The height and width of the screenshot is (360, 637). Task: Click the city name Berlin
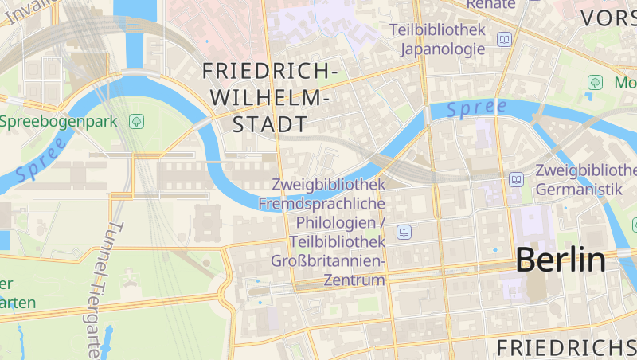point(561,260)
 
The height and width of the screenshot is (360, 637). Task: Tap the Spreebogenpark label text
point(59,122)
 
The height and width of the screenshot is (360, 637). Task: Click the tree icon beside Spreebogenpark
point(136,122)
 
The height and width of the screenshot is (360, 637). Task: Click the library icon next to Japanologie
point(504,39)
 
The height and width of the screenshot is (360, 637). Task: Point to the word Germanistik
point(578,190)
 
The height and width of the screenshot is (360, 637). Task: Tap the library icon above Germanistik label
point(517,180)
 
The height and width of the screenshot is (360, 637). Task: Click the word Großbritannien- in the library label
point(328,261)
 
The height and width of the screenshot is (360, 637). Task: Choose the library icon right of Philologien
point(404,232)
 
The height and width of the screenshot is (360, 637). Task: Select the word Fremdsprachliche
point(322,203)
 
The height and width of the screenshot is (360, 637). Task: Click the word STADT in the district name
point(270,125)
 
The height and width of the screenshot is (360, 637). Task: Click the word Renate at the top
point(491,4)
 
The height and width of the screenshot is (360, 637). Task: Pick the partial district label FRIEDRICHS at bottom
point(565,347)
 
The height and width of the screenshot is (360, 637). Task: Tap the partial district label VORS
point(608,18)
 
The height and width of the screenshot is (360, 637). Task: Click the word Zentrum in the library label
point(354,280)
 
